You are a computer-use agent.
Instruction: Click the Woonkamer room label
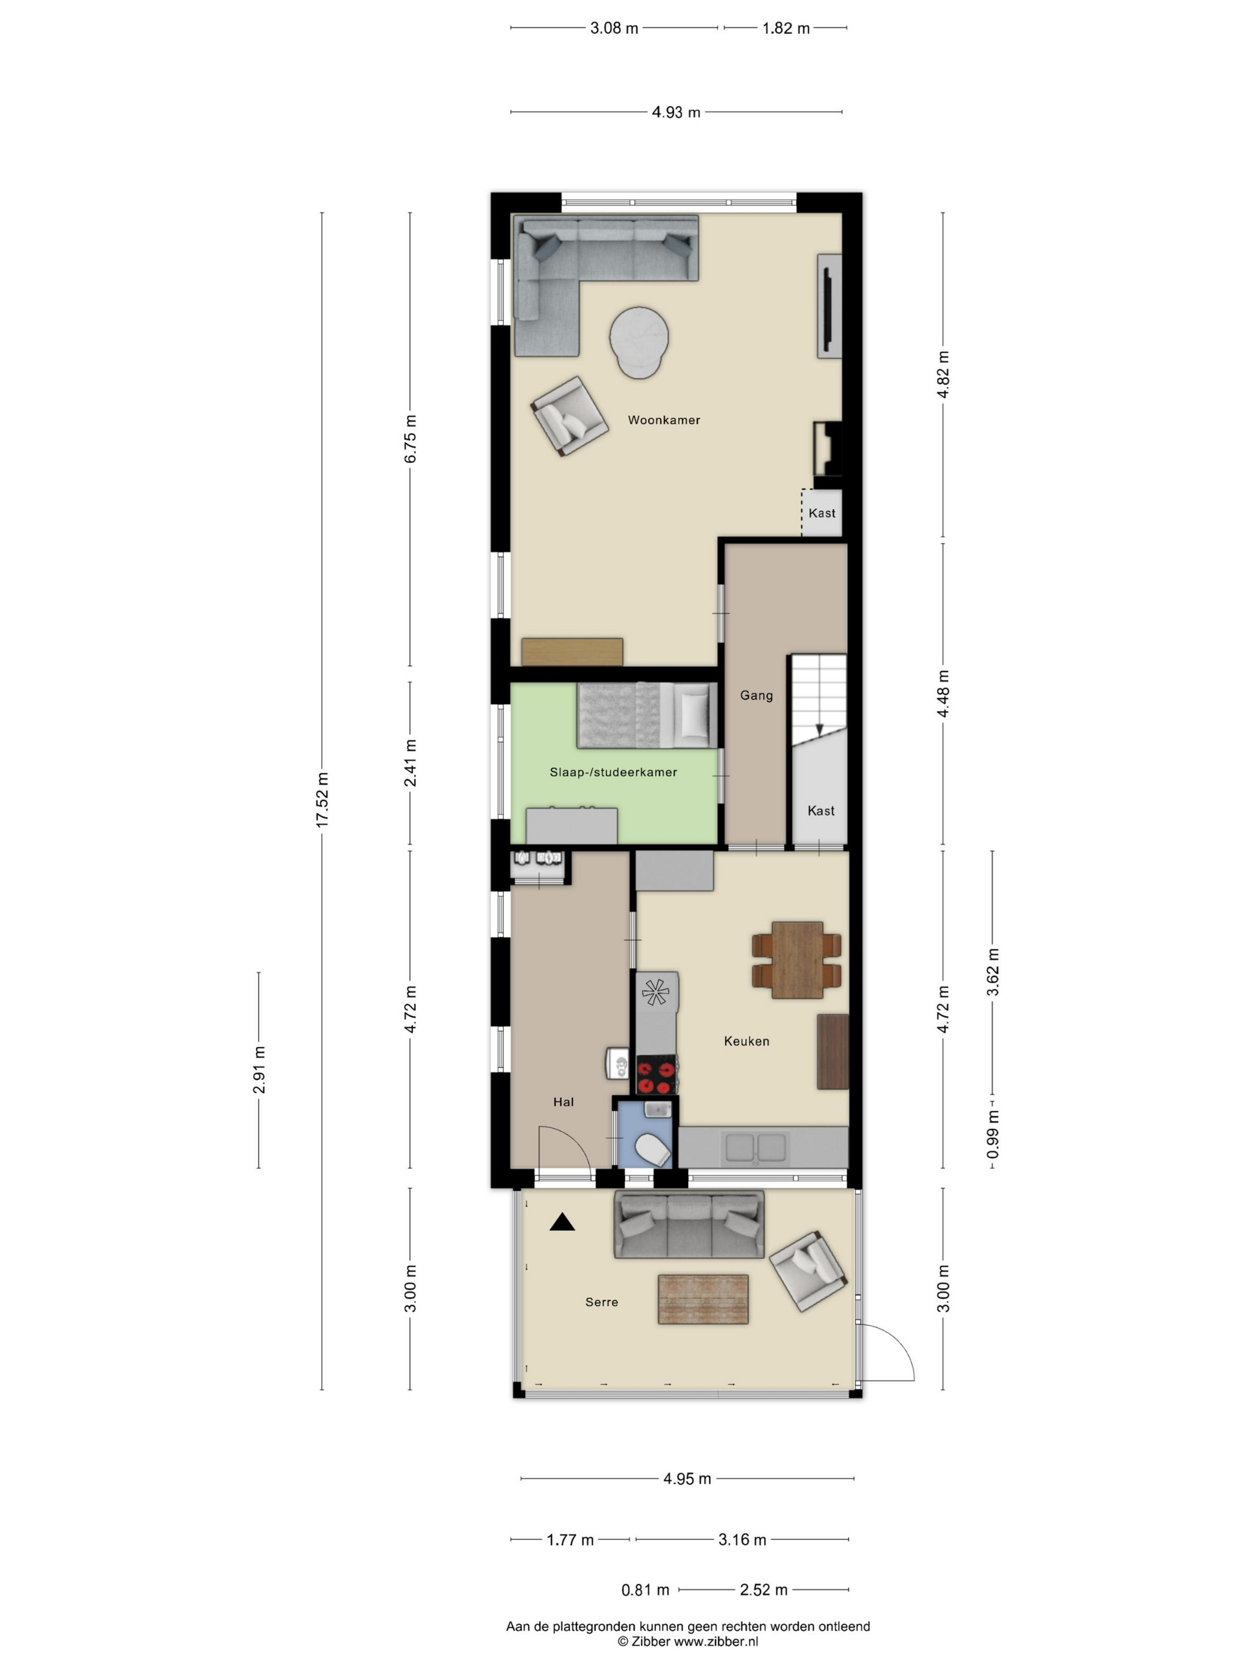pos(664,420)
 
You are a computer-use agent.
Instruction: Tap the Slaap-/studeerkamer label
pos(613,772)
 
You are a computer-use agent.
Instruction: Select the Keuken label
pos(746,1041)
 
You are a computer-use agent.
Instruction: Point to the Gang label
pos(757,695)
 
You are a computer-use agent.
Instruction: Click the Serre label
pos(602,1302)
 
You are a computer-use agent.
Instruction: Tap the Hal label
pos(564,1103)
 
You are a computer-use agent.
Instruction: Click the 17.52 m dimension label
pos(322,800)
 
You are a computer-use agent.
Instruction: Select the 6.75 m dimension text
pos(410,440)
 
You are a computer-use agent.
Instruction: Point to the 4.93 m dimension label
pos(676,113)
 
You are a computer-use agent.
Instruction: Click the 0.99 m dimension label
pos(993,1134)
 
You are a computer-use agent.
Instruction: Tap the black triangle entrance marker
pos(562,1222)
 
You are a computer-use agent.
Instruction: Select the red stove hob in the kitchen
pos(656,1076)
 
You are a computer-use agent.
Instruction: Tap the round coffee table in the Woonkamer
pos(639,341)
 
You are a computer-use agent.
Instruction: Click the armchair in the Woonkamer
pos(570,415)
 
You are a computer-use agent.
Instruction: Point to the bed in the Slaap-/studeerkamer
pos(647,715)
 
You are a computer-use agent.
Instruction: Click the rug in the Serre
pos(703,1299)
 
